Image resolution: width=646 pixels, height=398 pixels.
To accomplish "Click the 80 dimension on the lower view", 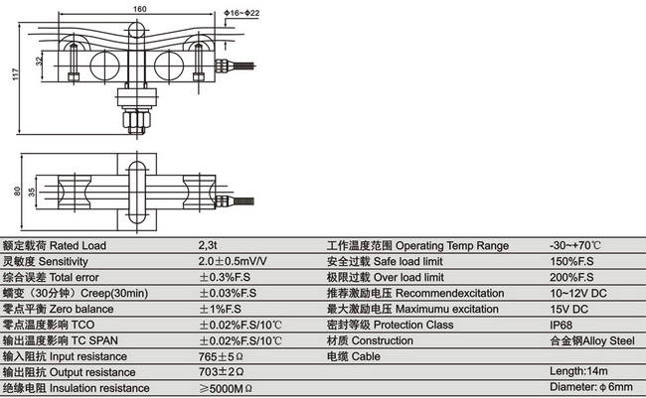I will point(17,192).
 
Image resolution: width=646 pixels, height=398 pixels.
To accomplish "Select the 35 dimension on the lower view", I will point(33,192).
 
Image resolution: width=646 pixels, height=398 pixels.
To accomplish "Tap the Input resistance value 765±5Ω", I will point(222,355).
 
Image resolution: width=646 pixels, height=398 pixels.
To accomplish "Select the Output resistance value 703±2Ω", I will point(222,371).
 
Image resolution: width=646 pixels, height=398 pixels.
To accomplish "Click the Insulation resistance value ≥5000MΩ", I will point(227,387).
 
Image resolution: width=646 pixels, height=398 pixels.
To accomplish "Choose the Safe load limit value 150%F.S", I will point(570,261).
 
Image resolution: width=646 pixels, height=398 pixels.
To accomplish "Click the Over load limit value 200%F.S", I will point(570,277).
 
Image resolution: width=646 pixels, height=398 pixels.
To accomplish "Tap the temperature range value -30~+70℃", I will point(575,245).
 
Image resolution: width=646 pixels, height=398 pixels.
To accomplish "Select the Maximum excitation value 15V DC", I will point(568,308).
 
